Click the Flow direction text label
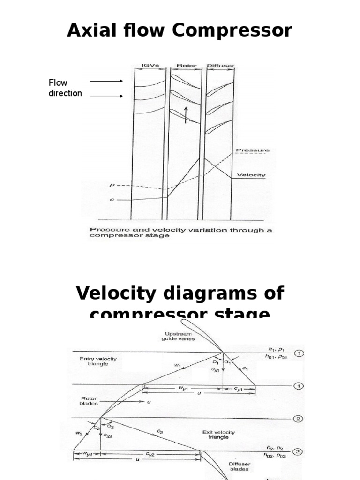click(65, 88)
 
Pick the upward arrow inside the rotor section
click(186, 115)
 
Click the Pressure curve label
click(253, 150)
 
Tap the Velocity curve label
click(251, 175)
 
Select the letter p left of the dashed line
click(111, 185)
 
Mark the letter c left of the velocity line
click(111, 199)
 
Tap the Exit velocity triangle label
click(218, 435)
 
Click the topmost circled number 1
click(299, 353)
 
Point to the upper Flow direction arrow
click(106, 81)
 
